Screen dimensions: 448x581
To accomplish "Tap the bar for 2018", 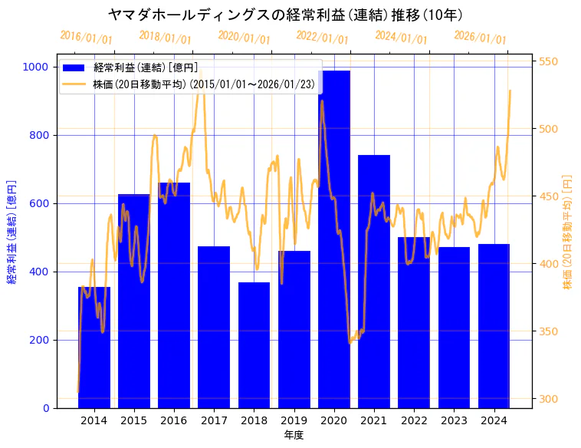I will pyautogui.click(x=254, y=345).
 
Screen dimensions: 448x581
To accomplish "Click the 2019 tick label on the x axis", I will pyautogui.click(x=294, y=420).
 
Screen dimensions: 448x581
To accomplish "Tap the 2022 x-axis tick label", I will pyautogui.click(x=414, y=420).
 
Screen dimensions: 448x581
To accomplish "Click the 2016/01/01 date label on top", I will pyautogui.click(x=86, y=38).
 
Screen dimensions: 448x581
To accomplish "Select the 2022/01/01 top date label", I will pyautogui.click(x=322, y=38).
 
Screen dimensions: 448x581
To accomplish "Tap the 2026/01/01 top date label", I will pyautogui.click(x=480, y=38).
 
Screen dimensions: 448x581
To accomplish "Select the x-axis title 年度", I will pyautogui.click(x=294, y=435).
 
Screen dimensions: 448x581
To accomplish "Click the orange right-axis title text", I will pyautogui.click(x=568, y=231).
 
